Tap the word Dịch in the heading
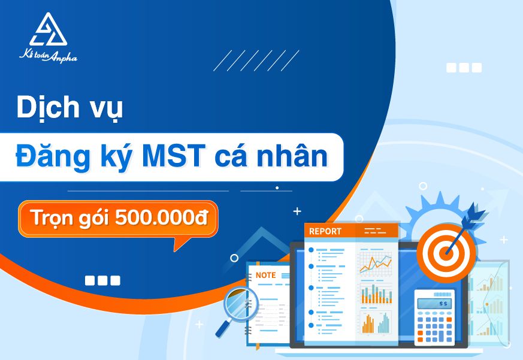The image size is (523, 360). click(48, 107)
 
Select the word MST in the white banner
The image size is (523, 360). click(174, 156)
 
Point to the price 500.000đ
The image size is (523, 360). click(161, 217)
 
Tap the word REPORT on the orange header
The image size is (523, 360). click(325, 231)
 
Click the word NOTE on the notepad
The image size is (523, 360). click(265, 276)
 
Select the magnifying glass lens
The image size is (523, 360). click(241, 304)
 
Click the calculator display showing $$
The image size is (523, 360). click(434, 304)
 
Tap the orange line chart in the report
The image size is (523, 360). click(376, 264)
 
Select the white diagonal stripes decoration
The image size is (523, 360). click(256, 60)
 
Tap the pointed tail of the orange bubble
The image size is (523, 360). click(175, 250)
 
